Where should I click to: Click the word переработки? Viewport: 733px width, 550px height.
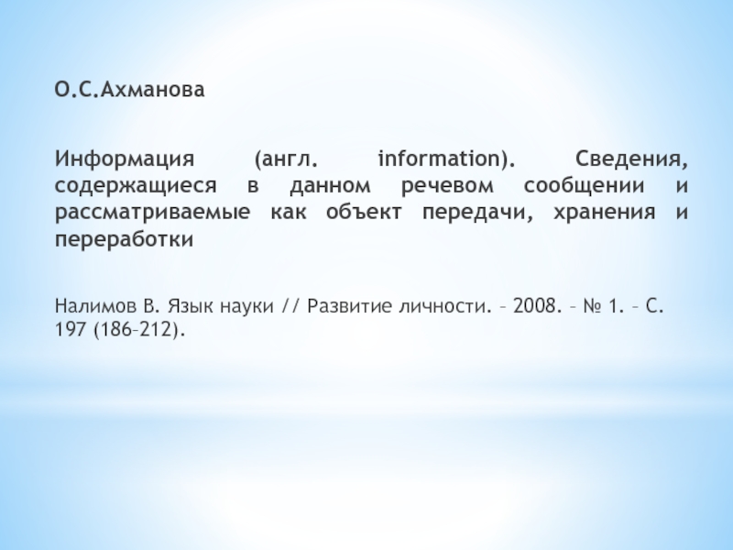pos(124,241)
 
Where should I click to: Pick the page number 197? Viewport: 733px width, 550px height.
pos(70,330)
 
